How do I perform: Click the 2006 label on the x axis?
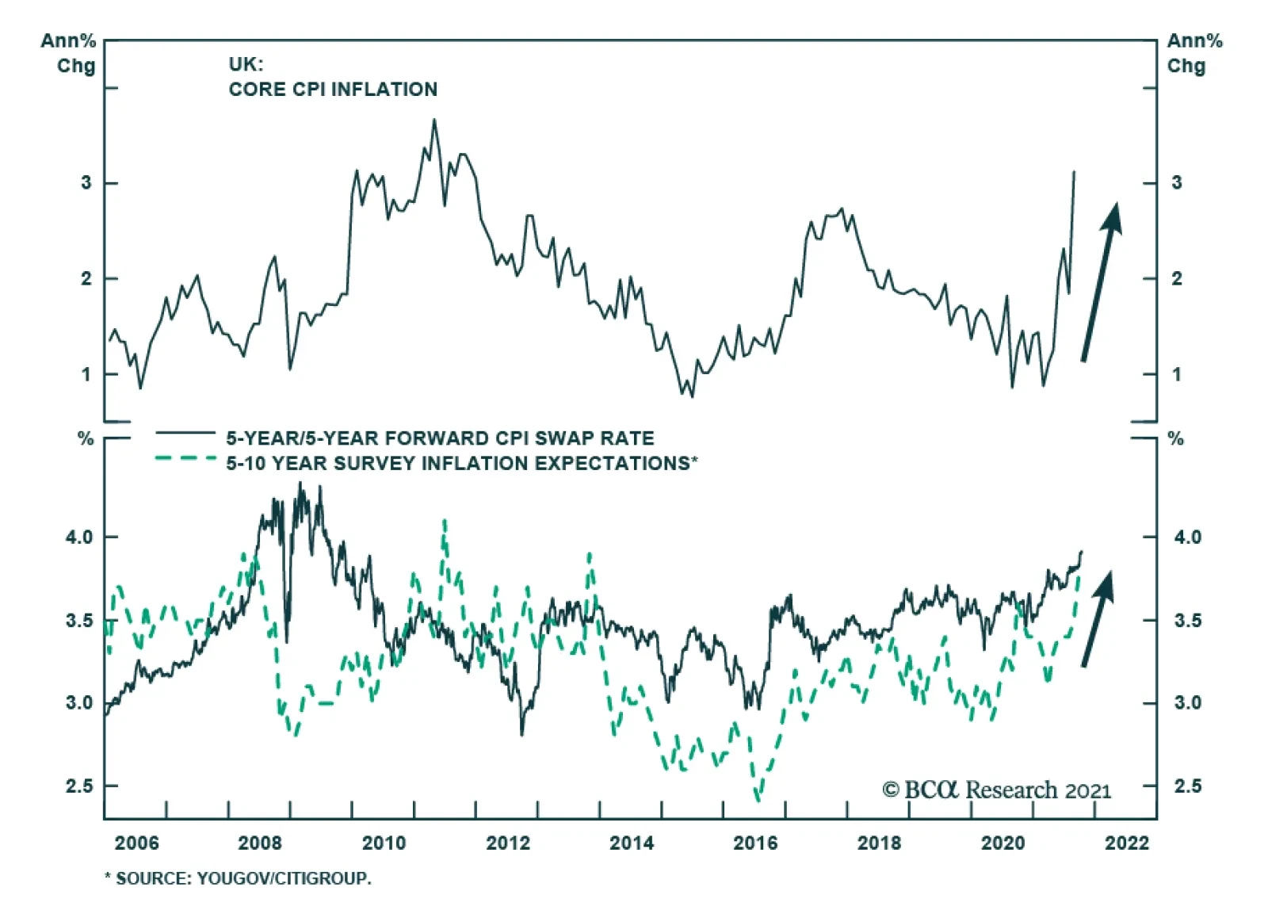(136, 843)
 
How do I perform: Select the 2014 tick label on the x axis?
(632, 843)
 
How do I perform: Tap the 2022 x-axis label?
(1126, 843)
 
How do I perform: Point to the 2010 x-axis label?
(384, 843)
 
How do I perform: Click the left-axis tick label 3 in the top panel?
(86, 183)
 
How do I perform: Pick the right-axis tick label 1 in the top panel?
(1177, 374)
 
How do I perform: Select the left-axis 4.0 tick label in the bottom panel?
(79, 538)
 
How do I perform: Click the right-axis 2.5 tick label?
(1187, 786)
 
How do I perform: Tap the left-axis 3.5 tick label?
(79, 620)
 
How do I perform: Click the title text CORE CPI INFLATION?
(333, 90)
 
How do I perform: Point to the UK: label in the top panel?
(246, 64)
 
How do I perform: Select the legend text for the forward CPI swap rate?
(440, 438)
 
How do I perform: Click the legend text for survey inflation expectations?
(461, 463)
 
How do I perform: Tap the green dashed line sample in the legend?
(185, 458)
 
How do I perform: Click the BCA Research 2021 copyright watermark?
(996, 790)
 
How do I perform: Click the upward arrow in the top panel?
(1101, 281)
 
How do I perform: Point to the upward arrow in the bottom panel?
(1098, 618)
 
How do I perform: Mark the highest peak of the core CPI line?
(433, 121)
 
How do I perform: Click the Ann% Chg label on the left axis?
(69, 53)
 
